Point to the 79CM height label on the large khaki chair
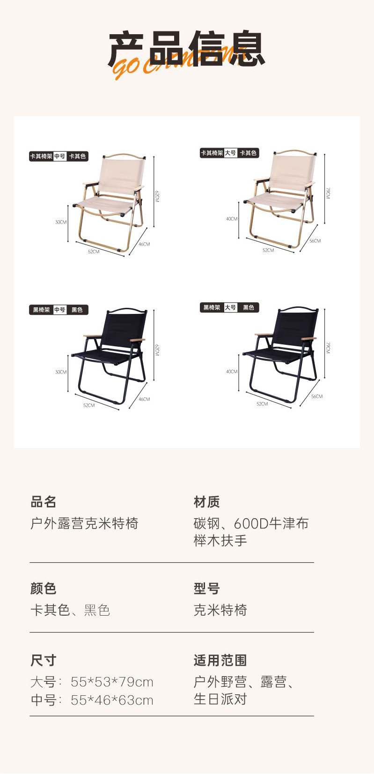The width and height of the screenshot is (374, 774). coord(328,193)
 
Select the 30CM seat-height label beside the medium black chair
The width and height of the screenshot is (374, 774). coord(61,372)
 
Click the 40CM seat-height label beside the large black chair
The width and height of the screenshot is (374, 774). coord(232,372)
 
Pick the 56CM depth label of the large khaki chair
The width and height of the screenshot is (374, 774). coord(315,241)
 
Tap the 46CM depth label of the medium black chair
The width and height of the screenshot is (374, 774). coord(144,399)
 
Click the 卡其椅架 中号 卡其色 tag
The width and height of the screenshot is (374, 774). coord(59,156)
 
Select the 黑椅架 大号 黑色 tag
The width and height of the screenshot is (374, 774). coord(229,307)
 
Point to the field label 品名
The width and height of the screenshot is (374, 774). coord(43,502)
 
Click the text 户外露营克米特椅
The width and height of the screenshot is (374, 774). coord(84,523)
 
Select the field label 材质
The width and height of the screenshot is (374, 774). coord(206,502)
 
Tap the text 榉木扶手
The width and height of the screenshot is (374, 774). coord(220,540)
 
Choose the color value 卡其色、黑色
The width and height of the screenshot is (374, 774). coord(70,610)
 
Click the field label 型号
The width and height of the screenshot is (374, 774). coord(206,588)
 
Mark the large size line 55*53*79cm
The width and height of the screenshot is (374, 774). coord(92,682)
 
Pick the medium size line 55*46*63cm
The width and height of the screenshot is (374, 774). coord(92,700)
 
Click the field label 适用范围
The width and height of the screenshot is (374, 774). coord(220,660)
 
